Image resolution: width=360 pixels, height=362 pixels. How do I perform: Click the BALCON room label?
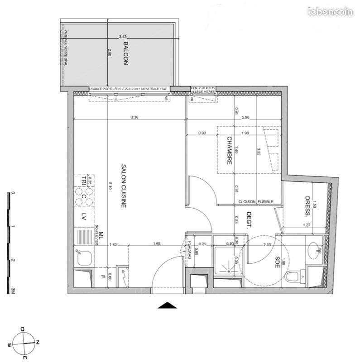pos(125,54)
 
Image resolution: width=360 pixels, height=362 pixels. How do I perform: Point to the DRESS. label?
pos(307,206)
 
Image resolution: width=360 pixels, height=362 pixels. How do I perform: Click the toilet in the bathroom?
pos(293,276)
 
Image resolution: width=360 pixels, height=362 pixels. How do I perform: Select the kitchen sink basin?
pos(85,258)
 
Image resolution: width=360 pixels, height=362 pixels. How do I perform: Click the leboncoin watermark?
pos(330,12)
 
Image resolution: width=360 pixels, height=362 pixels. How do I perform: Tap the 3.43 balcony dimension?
pos(123,36)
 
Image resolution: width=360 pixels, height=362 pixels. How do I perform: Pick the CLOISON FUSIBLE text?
pos(254,201)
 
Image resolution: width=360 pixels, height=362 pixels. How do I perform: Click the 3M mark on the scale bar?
pos(14,291)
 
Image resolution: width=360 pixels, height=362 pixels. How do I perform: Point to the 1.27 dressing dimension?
pos(306,225)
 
